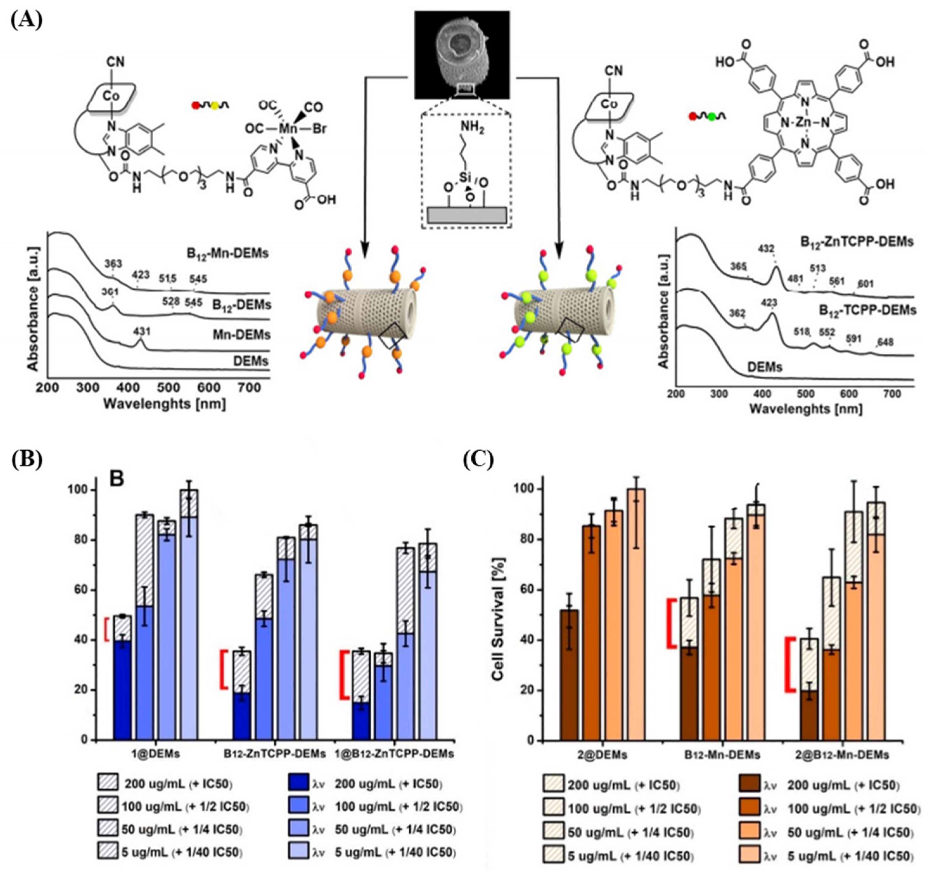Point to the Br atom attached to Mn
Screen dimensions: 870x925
(x=319, y=128)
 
